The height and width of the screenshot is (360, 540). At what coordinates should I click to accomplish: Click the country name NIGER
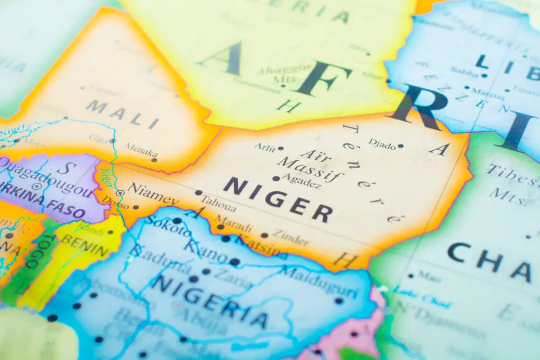point(277,199)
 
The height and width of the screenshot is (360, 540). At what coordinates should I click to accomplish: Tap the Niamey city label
point(153,193)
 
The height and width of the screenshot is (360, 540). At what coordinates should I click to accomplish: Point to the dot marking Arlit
point(281,148)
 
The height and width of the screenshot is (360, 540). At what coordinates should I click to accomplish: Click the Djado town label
point(382,142)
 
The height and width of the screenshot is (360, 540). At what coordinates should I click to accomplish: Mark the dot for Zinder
point(264,235)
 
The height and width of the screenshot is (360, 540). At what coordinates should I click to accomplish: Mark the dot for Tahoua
point(198,193)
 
